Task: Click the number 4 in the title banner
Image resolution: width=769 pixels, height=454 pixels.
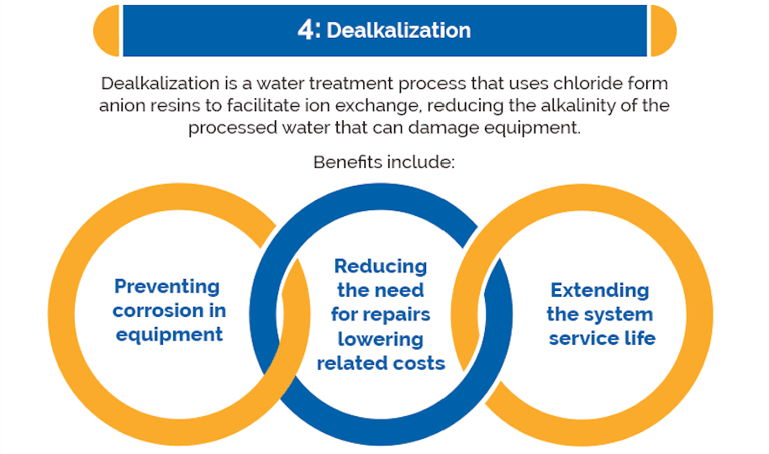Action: (307, 30)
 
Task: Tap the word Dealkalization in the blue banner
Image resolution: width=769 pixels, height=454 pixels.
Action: (398, 30)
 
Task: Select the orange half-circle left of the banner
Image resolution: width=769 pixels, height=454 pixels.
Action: (107, 30)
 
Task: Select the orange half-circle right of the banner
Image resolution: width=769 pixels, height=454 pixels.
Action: (664, 30)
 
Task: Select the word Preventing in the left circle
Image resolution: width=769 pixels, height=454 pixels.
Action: (166, 286)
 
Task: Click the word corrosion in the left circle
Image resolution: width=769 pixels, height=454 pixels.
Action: (158, 311)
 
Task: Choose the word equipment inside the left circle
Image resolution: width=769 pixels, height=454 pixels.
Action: (169, 335)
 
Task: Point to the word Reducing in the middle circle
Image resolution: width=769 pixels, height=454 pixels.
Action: (381, 267)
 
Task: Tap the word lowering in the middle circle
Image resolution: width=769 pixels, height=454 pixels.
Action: (381, 339)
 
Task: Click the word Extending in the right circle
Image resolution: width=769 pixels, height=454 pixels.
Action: (600, 291)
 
